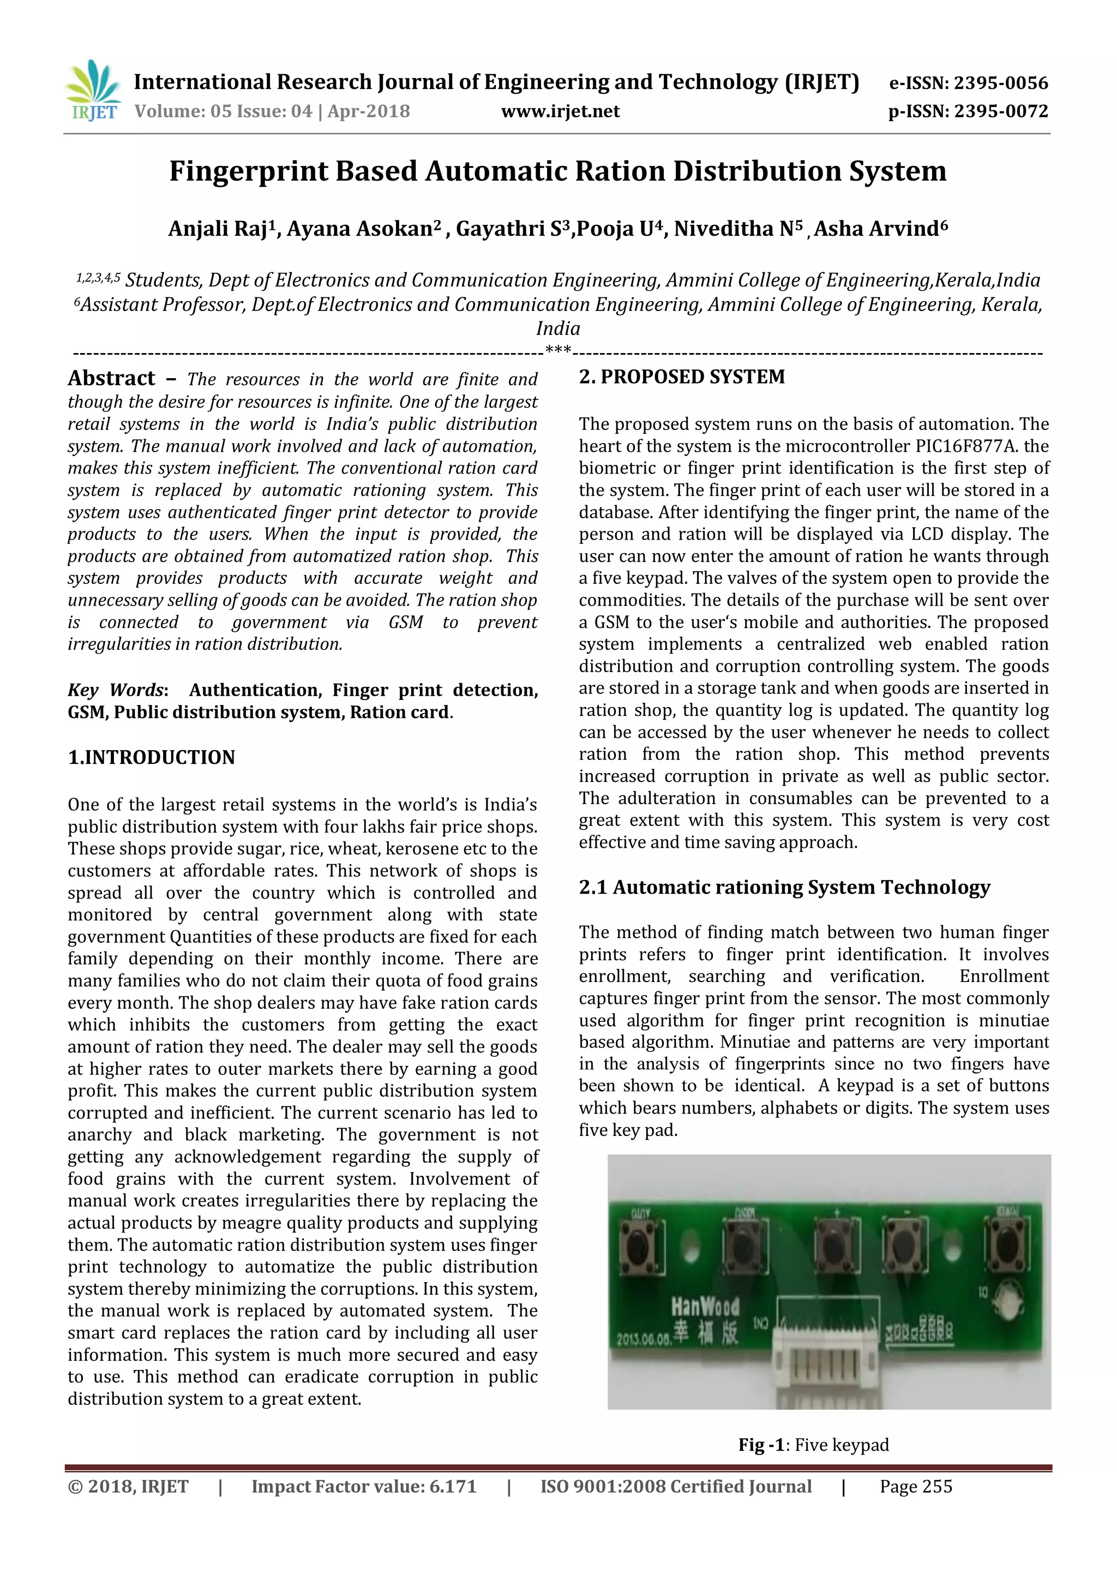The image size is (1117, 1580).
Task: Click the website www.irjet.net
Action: click(x=560, y=111)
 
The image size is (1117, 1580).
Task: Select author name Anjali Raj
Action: click(x=218, y=229)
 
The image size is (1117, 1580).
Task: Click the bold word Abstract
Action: click(x=111, y=379)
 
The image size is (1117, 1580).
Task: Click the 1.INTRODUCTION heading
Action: click(x=151, y=758)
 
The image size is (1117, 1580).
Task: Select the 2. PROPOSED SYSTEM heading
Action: click(x=682, y=377)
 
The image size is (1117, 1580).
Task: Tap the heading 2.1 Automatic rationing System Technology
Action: click(x=784, y=888)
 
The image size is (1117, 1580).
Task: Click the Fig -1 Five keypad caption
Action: click(x=814, y=1445)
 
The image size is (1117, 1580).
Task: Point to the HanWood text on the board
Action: click(x=705, y=1306)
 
